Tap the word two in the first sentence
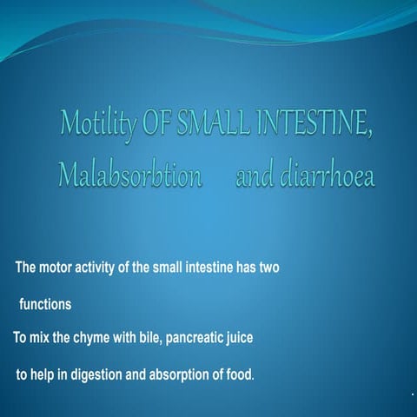pos(267,267)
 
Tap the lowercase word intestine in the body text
pos(207,267)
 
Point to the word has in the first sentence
pos(244,267)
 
